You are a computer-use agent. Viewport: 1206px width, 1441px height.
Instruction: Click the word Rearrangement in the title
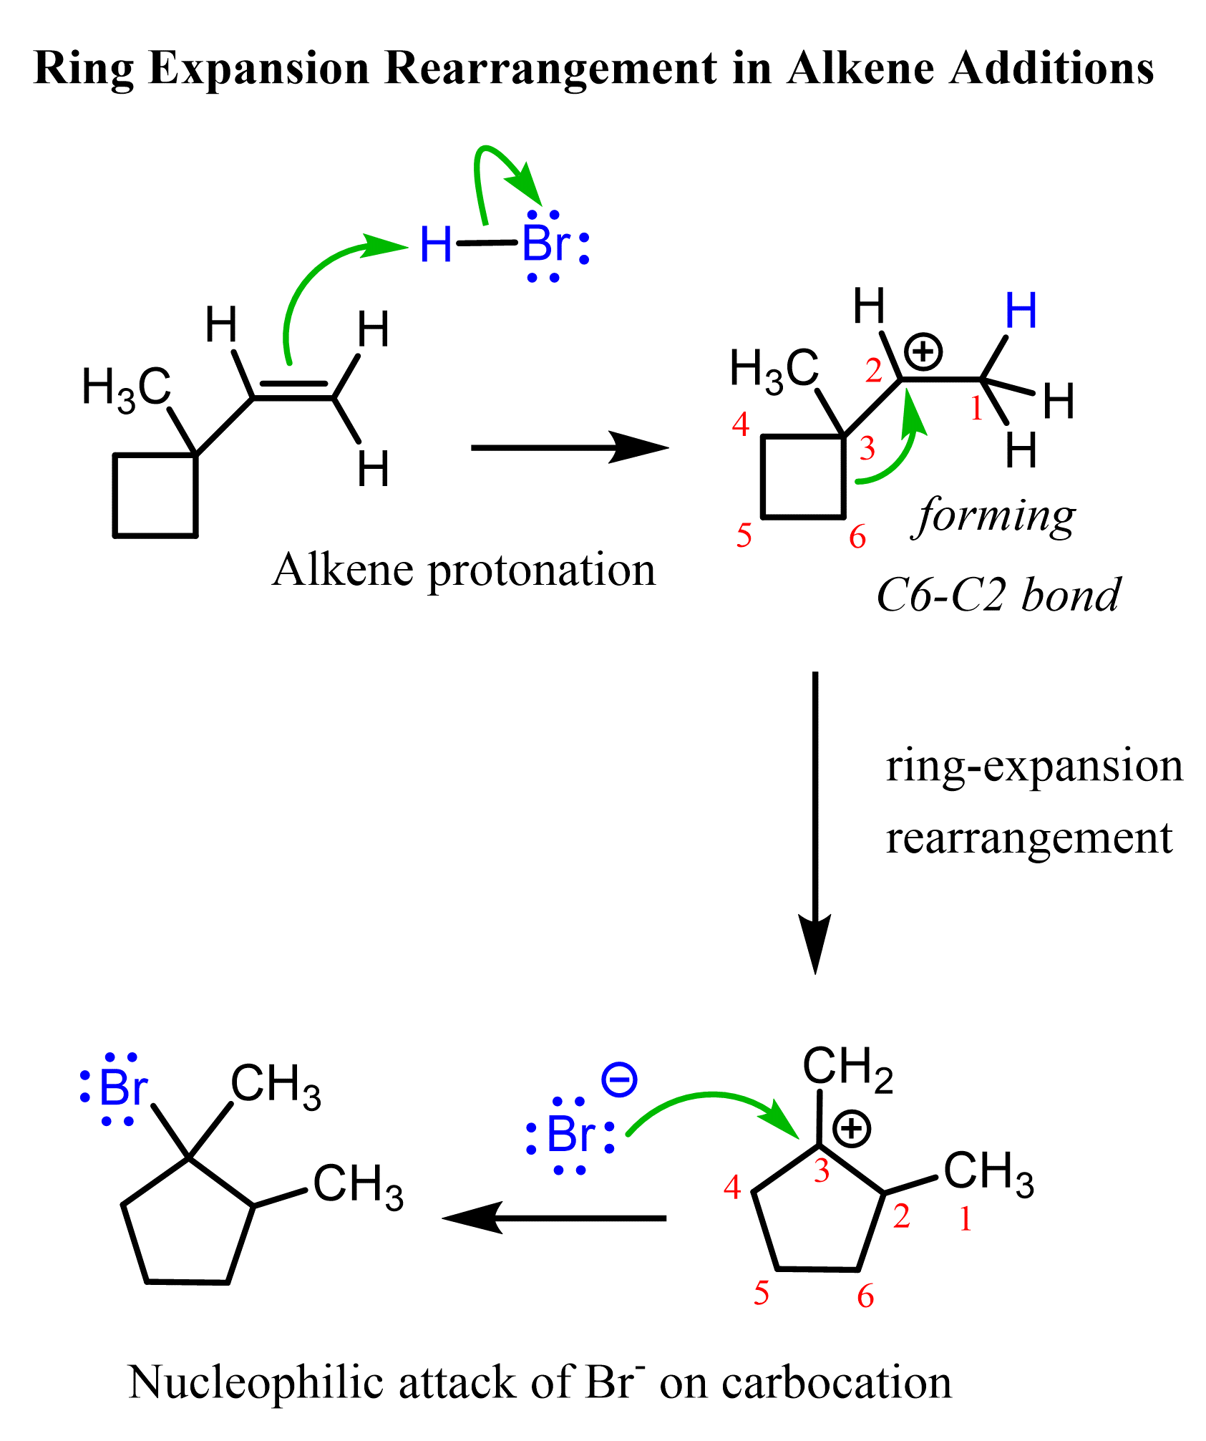pos(550,69)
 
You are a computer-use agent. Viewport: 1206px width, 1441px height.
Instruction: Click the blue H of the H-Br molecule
pos(435,245)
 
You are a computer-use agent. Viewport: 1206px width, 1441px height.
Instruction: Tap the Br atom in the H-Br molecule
pos(545,244)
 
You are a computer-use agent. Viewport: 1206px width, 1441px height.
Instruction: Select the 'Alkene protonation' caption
pos(464,571)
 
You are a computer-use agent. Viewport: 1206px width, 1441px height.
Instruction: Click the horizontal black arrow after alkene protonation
pos(569,448)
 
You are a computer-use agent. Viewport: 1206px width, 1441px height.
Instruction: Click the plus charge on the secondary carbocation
pos(923,351)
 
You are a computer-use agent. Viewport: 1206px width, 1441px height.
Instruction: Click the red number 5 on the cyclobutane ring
pos(744,535)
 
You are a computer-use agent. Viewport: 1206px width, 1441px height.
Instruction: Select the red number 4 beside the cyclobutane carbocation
pos(740,424)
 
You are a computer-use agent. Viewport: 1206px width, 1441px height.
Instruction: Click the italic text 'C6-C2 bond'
pos(998,596)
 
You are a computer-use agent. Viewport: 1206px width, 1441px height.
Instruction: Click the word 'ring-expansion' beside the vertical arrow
pos(1034,766)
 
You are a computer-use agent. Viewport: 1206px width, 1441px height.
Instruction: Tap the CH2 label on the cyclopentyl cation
pos(847,1068)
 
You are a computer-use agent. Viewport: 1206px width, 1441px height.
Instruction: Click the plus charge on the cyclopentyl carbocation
pos(852,1129)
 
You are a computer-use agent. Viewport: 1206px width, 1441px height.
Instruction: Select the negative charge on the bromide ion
pos(619,1080)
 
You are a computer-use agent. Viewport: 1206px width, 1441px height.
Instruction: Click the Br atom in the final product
pos(122,1088)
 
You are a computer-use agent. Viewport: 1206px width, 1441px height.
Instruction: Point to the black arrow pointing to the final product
pos(555,1218)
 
